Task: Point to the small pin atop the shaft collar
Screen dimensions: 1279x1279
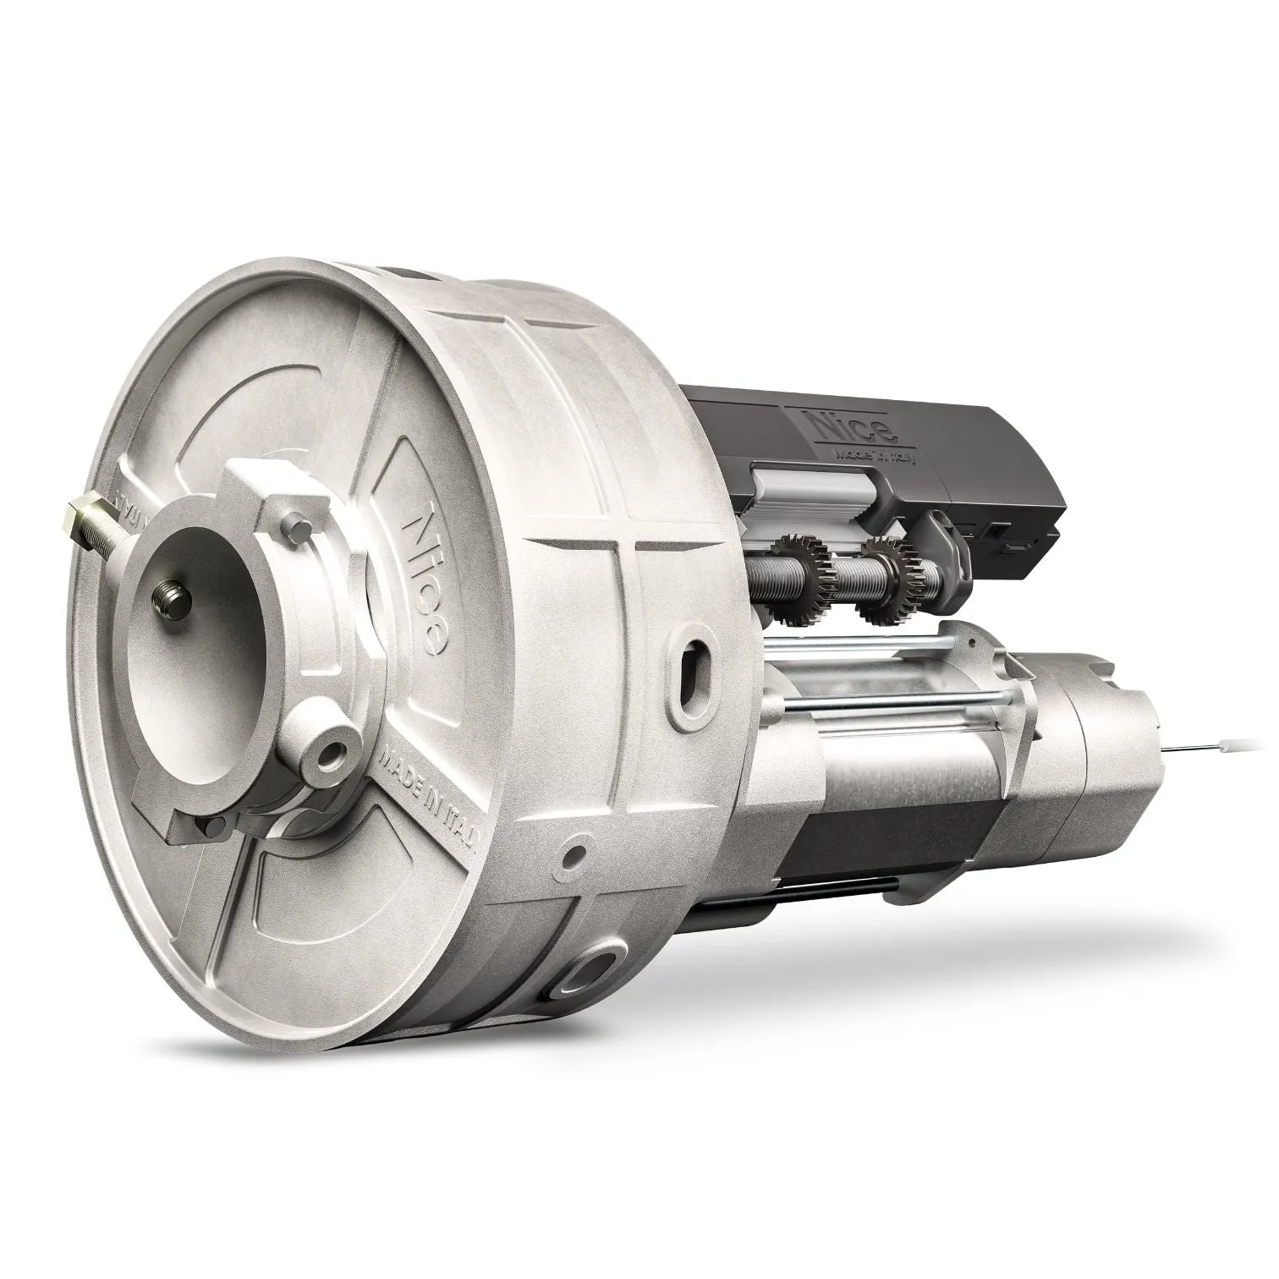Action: coord(294,525)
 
